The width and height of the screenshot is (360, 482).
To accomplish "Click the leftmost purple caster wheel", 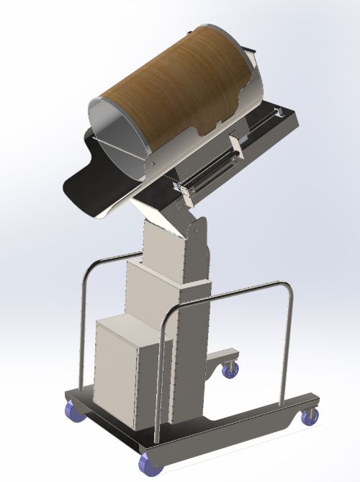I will pos(73,411).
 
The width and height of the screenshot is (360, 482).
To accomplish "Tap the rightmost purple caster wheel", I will pos(312,416).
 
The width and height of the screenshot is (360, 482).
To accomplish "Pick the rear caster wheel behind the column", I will pos(230,370).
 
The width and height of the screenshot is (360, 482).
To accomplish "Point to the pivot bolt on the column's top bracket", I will pos(192,231).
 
